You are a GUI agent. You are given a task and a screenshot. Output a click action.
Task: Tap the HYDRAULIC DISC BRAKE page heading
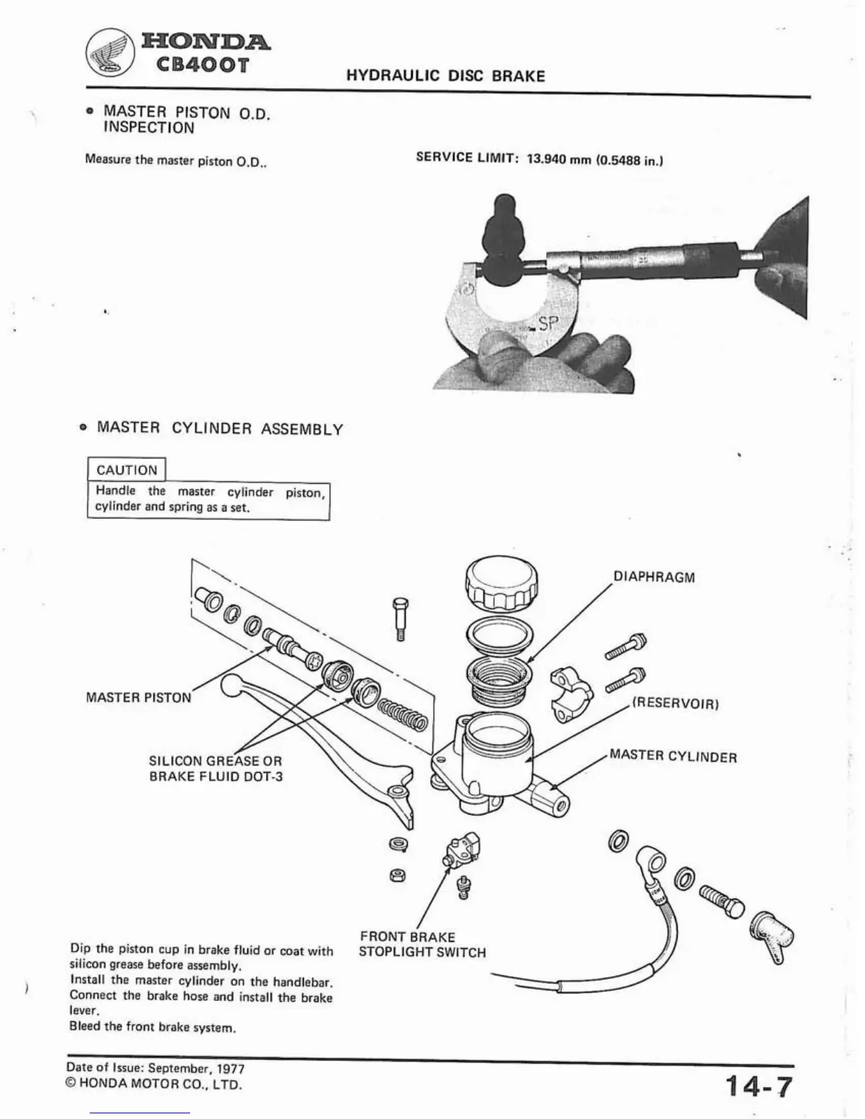coord(445,76)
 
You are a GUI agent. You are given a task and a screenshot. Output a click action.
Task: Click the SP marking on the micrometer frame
coord(548,324)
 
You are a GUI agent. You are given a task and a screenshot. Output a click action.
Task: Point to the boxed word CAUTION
coord(126,470)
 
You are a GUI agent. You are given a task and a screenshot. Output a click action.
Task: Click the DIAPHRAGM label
coord(654,577)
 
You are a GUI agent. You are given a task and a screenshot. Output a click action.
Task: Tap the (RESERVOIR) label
coord(675,704)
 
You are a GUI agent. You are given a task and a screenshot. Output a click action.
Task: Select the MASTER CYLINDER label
coord(673,757)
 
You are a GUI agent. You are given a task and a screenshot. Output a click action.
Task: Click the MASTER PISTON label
coord(138,697)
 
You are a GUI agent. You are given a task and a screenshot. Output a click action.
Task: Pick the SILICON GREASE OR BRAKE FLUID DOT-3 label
coord(216,769)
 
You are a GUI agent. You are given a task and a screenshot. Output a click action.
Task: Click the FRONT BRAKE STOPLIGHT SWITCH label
coord(422,945)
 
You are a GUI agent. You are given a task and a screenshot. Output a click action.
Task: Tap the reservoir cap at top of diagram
coord(501,582)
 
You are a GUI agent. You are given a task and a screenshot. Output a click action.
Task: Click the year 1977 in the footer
coord(231,1070)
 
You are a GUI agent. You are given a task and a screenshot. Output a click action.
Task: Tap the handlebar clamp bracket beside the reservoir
coord(570,692)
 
